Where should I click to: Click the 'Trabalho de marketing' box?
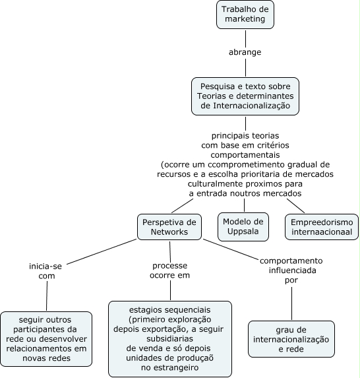point(245,15)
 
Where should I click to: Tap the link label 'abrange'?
point(245,52)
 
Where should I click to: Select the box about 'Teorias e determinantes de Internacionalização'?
point(245,96)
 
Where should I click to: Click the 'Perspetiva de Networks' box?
point(169,227)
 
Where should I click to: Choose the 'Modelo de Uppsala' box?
point(243,227)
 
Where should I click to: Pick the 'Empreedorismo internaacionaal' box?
point(322,227)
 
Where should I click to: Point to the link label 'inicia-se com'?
point(45,271)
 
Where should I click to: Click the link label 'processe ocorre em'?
point(169,270)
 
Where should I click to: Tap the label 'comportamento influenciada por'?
point(291,270)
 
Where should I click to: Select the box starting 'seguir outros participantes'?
point(46,339)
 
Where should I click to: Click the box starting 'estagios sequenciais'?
point(170,338)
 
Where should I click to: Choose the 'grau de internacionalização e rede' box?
point(291,339)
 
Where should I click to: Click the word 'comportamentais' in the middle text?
point(245,155)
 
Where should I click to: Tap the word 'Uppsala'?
point(243,232)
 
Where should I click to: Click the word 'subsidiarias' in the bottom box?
point(169,338)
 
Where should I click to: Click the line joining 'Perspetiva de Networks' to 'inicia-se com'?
point(102,252)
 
